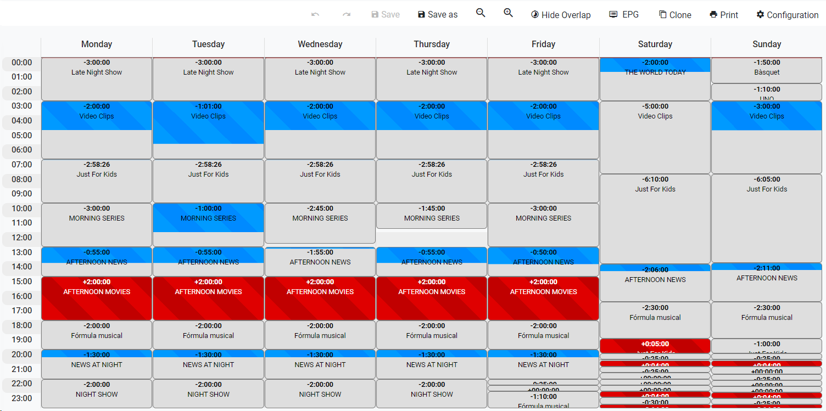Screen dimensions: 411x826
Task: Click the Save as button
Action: point(437,15)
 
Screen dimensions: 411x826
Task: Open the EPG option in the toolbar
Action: point(624,15)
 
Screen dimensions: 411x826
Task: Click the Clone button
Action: point(675,15)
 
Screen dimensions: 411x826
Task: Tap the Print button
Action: point(724,15)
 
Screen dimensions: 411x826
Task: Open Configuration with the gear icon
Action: point(787,15)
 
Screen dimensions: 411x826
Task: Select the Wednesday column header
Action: point(320,44)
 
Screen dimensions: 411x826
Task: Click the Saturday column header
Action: point(655,44)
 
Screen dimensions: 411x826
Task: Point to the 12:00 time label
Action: point(22,238)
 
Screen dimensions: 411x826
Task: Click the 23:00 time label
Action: point(22,398)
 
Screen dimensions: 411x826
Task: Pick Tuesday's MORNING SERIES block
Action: point(208,218)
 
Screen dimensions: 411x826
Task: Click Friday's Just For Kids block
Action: point(543,181)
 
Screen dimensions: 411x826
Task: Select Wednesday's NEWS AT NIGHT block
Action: point(320,364)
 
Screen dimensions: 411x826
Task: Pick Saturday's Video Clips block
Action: point(655,137)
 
